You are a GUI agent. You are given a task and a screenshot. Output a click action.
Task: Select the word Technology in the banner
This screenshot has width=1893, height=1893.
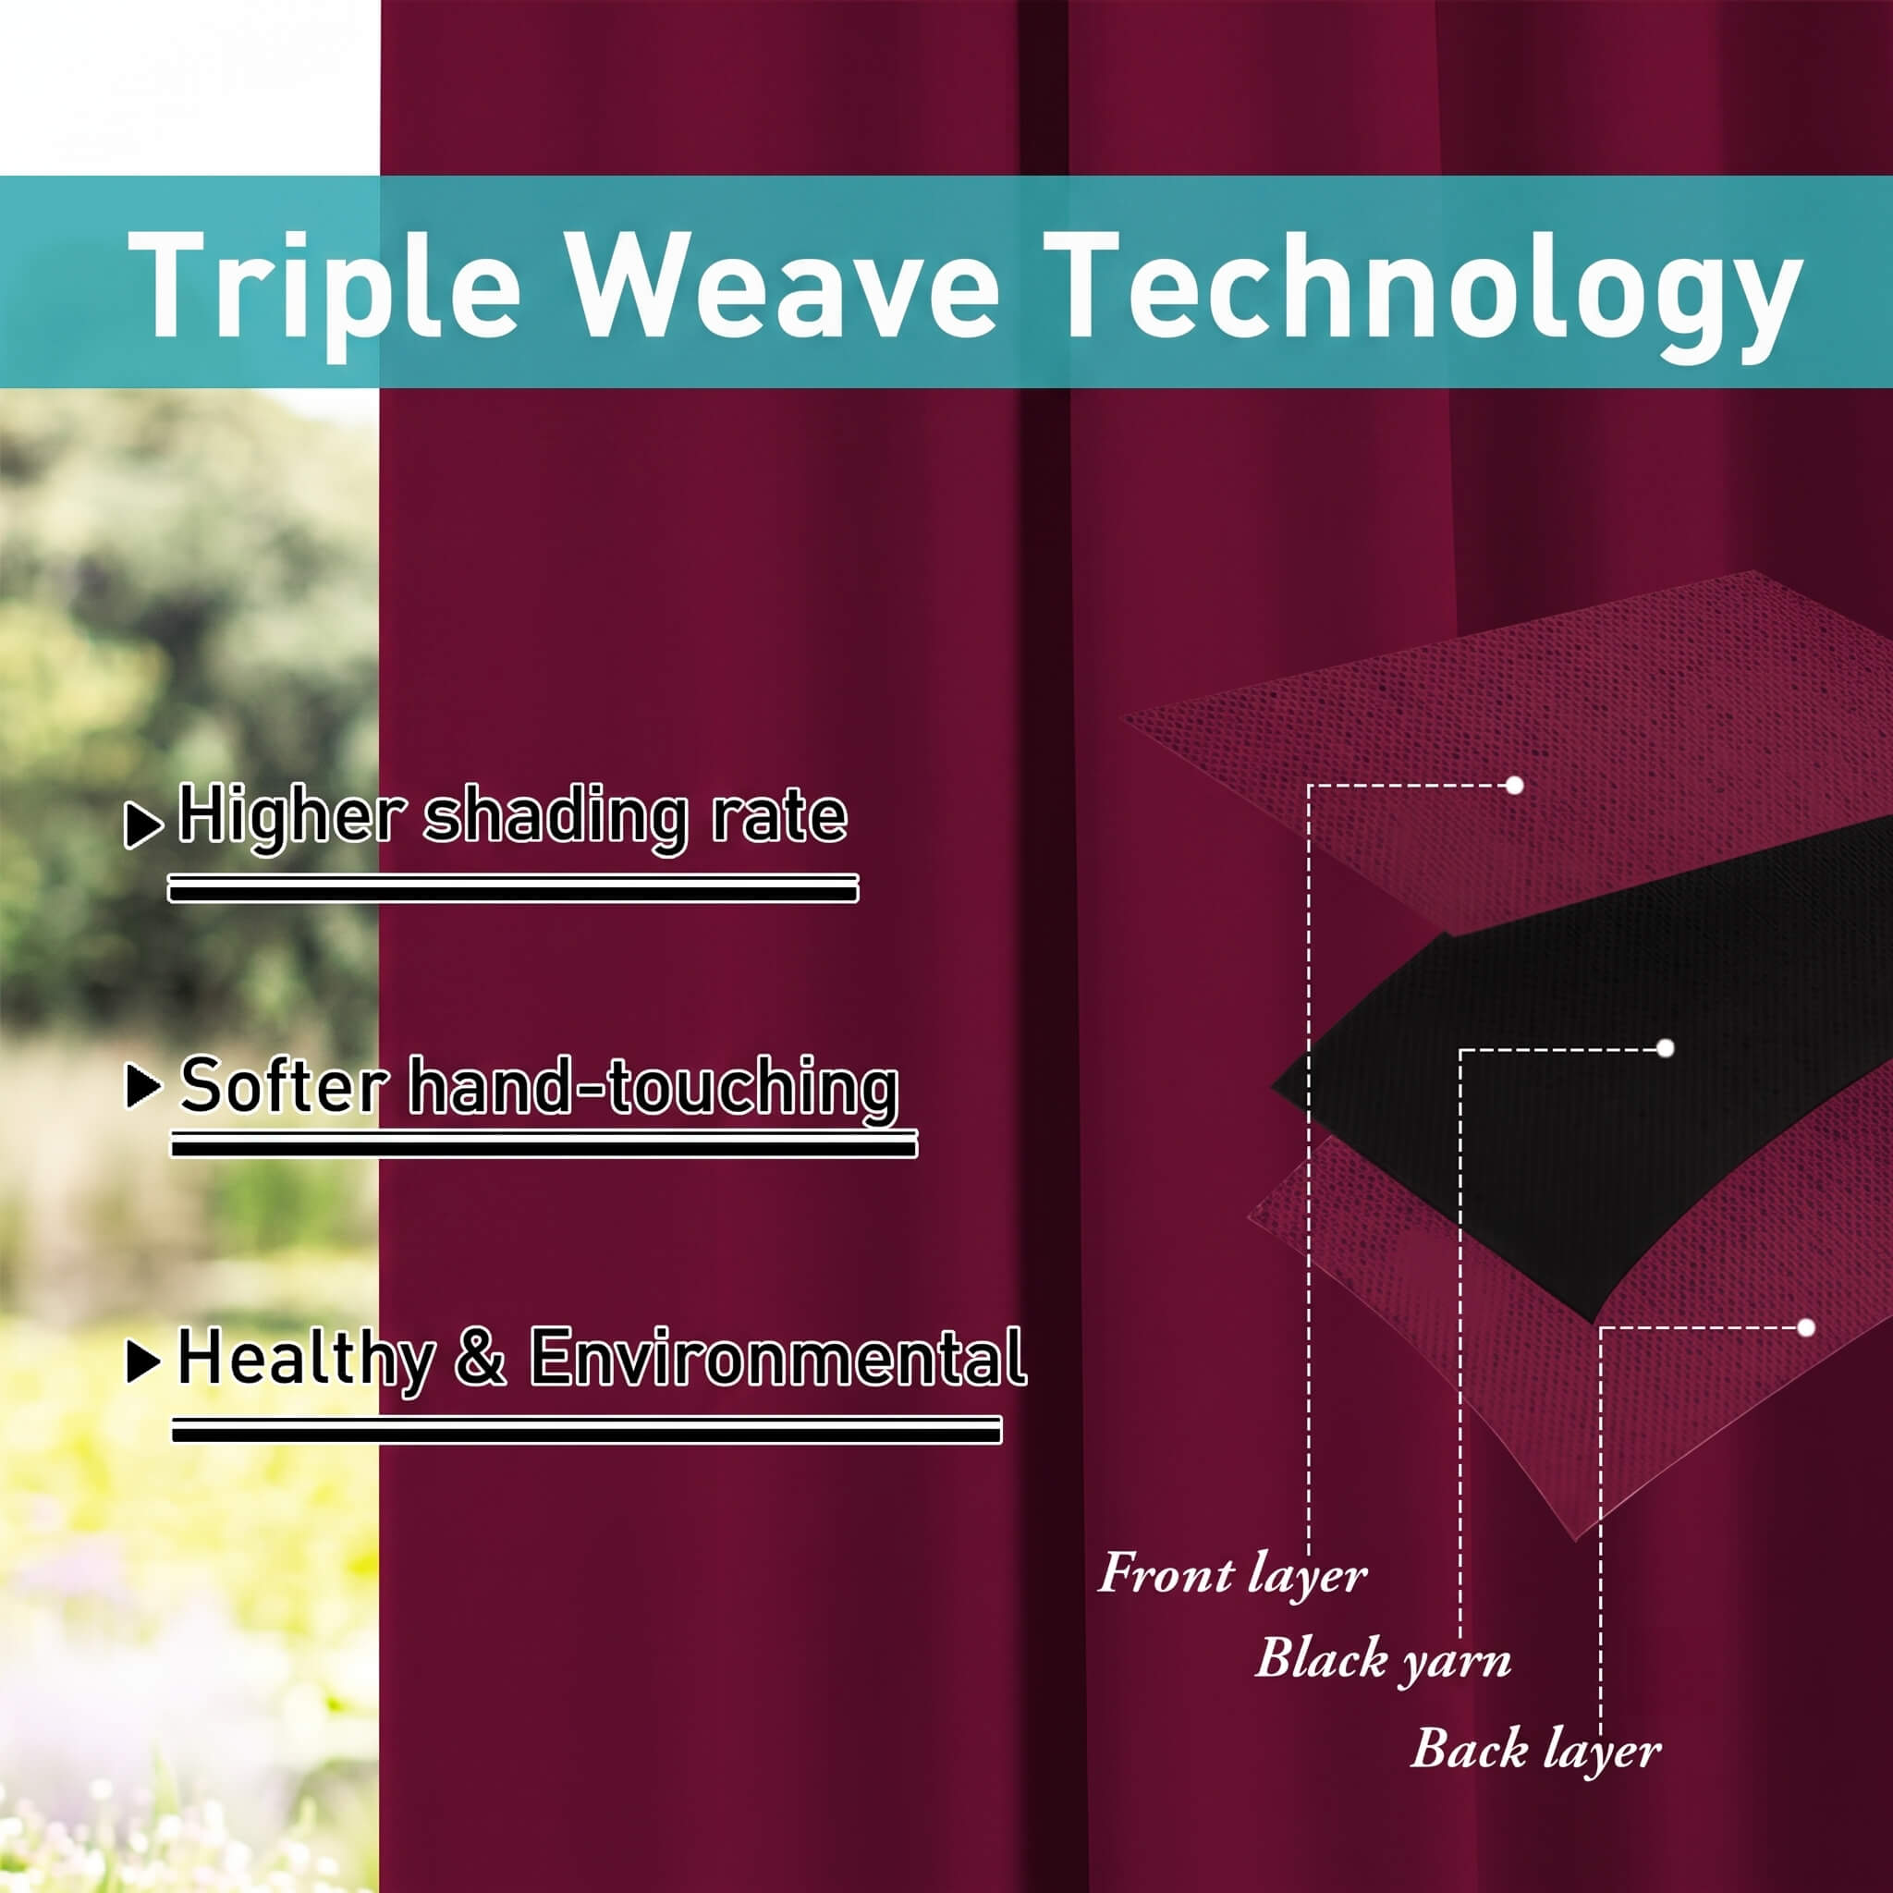click(1422, 294)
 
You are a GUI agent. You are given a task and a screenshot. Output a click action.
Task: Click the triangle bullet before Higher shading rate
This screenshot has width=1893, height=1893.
click(143, 825)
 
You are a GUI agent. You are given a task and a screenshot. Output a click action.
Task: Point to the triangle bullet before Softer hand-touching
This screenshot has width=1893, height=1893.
click(144, 1087)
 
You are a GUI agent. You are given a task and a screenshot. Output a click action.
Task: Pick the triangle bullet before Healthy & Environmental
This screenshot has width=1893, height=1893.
click(144, 1361)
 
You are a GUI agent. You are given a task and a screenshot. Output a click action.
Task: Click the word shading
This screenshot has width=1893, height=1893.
click(556, 819)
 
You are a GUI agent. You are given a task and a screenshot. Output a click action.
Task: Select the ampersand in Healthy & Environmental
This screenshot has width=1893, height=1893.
click(481, 1357)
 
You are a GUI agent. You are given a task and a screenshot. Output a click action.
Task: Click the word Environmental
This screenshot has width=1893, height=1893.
click(778, 1357)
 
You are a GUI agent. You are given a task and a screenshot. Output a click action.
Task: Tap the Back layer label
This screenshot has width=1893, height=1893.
click(1535, 1750)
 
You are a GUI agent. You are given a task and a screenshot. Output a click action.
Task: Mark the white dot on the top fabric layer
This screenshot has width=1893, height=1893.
click(1515, 786)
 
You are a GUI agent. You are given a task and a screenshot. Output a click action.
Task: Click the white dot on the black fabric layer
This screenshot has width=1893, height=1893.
click(1666, 1048)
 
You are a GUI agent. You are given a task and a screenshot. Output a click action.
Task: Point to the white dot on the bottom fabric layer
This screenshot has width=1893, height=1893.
click(1807, 1327)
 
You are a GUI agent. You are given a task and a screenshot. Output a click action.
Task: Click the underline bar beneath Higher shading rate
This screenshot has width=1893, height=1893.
click(513, 888)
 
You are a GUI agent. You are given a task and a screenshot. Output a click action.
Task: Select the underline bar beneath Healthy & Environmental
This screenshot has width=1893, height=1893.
click(587, 1430)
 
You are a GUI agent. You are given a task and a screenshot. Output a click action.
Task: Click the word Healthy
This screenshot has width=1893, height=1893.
click(307, 1361)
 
